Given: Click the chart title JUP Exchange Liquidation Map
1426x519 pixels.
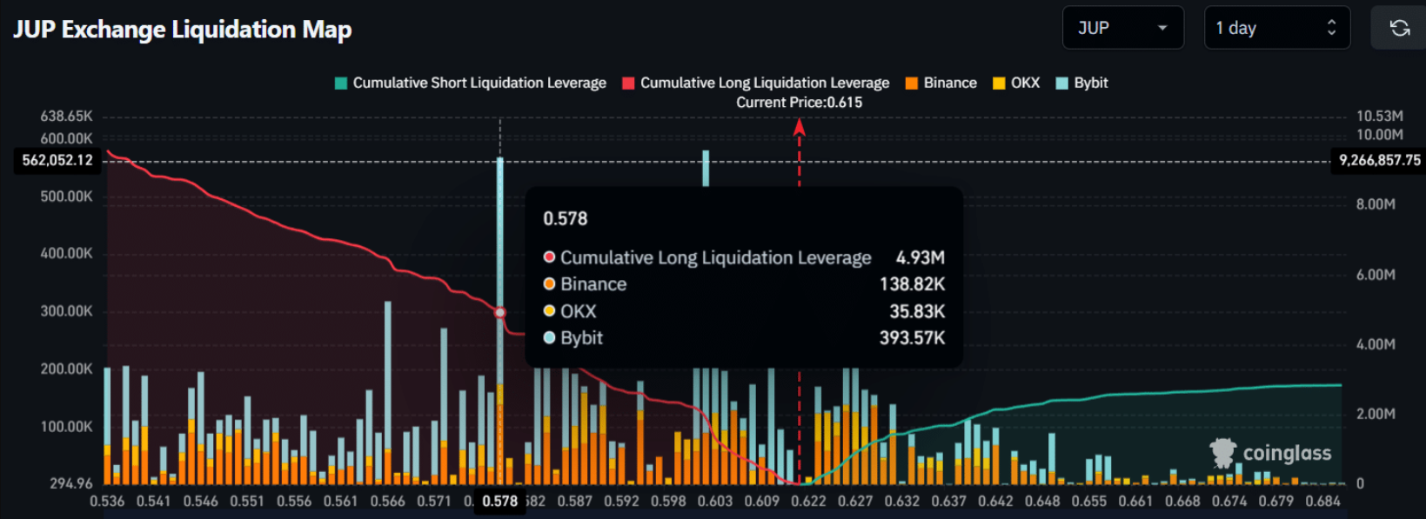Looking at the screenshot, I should [x=183, y=30].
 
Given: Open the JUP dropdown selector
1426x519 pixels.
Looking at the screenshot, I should [x=1122, y=28].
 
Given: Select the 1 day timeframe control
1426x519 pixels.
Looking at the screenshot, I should [x=1275, y=28].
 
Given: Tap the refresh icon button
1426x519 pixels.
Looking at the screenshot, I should [x=1399, y=28].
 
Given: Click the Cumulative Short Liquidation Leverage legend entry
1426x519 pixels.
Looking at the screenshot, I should [x=471, y=83].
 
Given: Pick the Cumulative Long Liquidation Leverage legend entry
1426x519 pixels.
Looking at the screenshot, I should [x=756, y=83].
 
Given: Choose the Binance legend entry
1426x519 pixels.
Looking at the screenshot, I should [x=941, y=83].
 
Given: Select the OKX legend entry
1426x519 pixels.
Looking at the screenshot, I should [x=1017, y=83].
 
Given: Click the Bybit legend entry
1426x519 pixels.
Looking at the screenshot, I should [x=1082, y=83].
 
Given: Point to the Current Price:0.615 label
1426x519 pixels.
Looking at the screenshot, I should [x=799, y=103].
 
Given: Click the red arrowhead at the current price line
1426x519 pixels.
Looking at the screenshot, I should [x=799, y=128].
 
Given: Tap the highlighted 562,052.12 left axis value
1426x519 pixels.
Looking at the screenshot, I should [x=57, y=160].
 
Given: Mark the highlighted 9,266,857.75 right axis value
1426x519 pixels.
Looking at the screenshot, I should [x=1379, y=160].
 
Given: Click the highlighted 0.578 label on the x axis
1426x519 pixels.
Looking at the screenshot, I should [x=499, y=502].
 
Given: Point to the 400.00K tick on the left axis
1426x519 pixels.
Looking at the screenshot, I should [x=66, y=254].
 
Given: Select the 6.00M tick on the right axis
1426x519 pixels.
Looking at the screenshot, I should [x=1376, y=275].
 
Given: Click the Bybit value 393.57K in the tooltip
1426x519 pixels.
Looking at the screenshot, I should [x=912, y=338].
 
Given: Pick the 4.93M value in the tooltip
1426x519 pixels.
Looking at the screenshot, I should [x=920, y=258].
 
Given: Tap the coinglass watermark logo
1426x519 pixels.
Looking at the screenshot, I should [x=1271, y=453].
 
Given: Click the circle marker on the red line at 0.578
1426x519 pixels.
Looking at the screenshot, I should [x=500, y=312].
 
